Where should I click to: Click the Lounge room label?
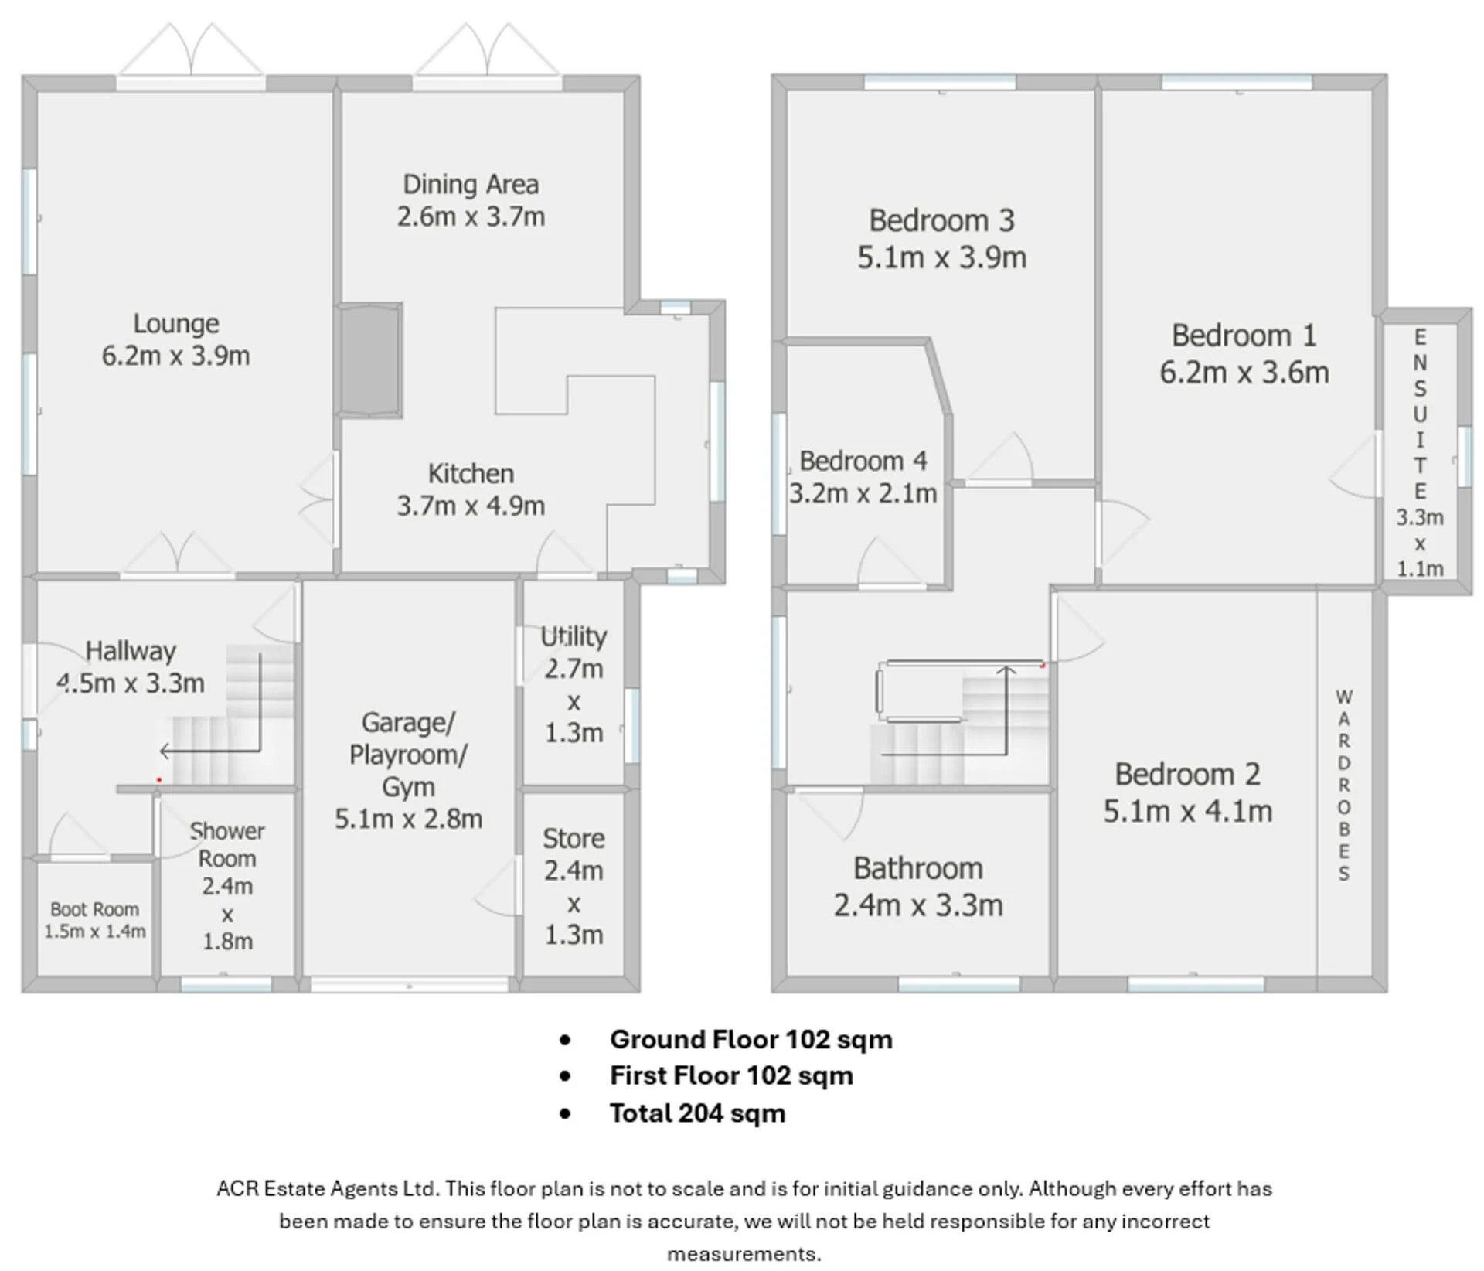[x=176, y=323]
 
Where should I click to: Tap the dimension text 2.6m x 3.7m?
[x=471, y=216]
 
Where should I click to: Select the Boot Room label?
[x=94, y=909]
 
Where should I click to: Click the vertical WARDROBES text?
[x=1344, y=785]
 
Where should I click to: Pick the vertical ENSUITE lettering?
[x=1420, y=414]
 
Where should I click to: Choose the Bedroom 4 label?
[x=863, y=461]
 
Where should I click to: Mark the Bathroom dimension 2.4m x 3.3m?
[x=918, y=905]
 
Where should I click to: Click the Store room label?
[x=574, y=839]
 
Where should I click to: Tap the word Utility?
[x=574, y=637]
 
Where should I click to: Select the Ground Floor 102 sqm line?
[x=751, y=1040]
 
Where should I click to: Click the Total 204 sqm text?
[x=697, y=1113]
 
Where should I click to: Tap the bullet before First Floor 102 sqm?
[x=565, y=1076]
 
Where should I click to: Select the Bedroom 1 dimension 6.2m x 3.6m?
[x=1244, y=373]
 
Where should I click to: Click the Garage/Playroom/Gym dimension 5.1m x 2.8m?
[x=408, y=819]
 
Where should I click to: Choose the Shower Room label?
[x=227, y=845]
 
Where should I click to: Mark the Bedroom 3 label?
[x=941, y=221]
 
